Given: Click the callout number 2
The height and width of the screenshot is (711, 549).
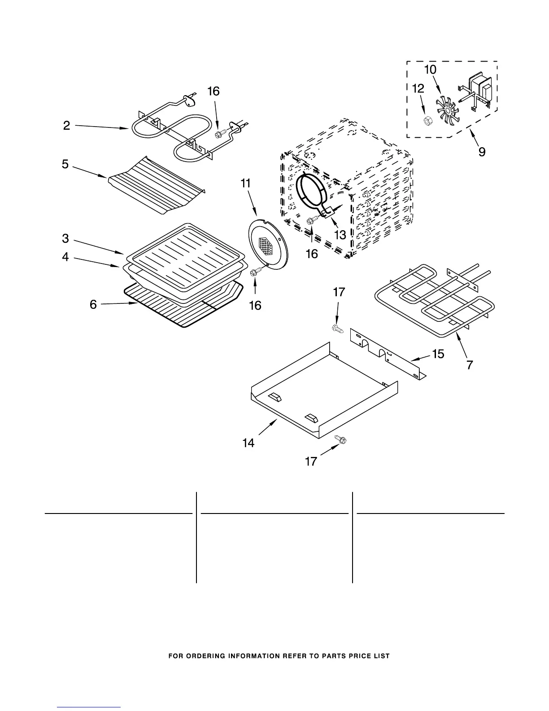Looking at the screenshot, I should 66,126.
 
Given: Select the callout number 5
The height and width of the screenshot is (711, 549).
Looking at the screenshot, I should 65,164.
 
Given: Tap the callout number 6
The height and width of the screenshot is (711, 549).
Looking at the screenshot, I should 93,305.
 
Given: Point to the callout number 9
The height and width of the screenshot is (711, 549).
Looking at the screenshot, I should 481,152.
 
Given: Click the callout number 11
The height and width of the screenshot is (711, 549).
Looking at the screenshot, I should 246,183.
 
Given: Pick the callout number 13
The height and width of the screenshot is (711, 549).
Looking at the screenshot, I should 340,234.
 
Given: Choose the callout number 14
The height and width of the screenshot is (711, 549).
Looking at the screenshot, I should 248,443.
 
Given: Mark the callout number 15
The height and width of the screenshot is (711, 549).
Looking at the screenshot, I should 438,354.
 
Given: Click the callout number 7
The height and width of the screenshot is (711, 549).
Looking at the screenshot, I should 469,365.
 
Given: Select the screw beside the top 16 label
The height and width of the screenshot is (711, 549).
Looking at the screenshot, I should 220,134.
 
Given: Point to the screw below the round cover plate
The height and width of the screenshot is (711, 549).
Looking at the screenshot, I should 256,271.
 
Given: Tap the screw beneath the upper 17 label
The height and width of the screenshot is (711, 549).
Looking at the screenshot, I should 338,329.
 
